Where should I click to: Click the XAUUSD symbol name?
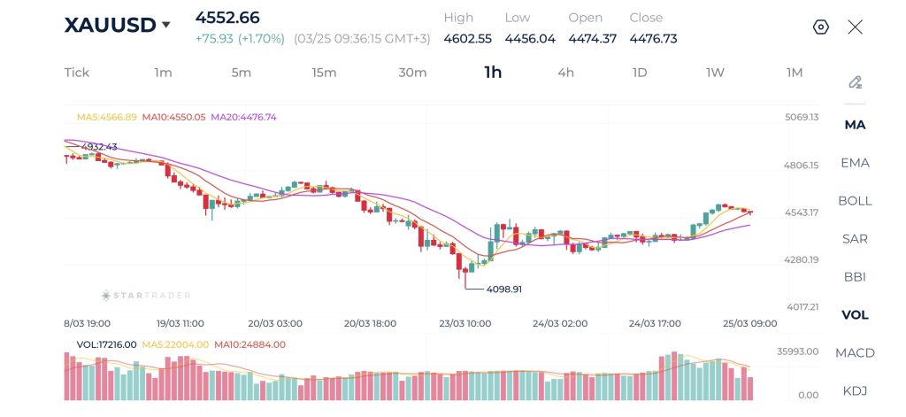pos(110,26)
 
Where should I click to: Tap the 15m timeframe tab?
pos(324,73)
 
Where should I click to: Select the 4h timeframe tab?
pos(565,73)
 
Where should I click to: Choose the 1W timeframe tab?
pos(715,73)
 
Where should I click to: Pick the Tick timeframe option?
pos(77,73)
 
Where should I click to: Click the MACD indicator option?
pos(855,353)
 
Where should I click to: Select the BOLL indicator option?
pos(855,201)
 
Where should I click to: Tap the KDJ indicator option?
pos(855,391)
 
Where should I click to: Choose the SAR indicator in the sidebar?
pos(855,239)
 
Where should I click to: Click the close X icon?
pos(855,27)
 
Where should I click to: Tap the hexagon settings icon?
pos(820,27)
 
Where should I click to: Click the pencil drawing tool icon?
pos(855,82)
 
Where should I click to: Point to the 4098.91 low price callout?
pos(504,289)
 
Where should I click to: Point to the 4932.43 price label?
pos(98,147)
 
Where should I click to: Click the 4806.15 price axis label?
pos(802,165)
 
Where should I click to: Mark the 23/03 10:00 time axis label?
pos(466,324)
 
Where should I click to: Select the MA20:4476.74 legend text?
pos(243,117)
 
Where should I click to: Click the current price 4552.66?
pos(227,18)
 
